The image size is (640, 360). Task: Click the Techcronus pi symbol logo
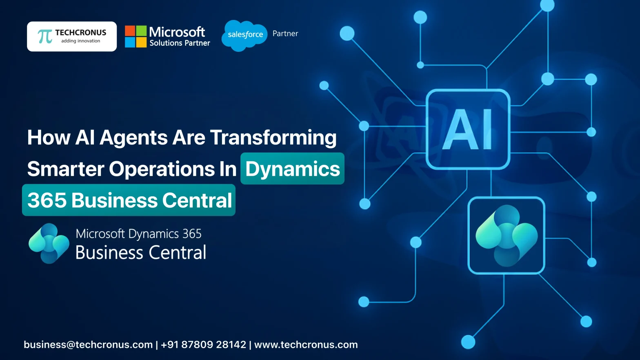pos(45,36)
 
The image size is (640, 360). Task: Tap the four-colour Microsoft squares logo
pos(136,36)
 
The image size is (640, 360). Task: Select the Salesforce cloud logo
pos(244,35)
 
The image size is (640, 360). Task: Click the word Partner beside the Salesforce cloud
pos(285,33)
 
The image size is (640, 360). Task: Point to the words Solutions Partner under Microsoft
pos(180,43)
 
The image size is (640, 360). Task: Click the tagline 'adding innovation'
pos(80,41)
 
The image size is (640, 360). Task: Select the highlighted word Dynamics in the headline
pos(292,169)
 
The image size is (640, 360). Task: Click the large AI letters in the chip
pos(468,129)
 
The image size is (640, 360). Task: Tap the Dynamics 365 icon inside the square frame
pos(506,236)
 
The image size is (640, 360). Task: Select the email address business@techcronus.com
pos(88,344)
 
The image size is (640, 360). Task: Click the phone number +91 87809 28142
pos(203,344)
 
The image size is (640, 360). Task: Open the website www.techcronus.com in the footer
pos(306,344)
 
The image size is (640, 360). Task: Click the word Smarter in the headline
pos(65,169)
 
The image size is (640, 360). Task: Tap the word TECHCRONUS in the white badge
pos(80,33)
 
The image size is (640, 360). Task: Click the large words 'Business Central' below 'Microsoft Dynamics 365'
pos(141,252)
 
